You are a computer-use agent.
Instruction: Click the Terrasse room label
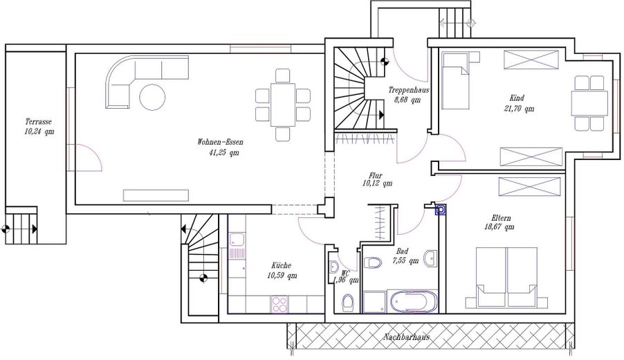click(x=38, y=121)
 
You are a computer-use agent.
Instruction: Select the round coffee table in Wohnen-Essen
click(x=152, y=97)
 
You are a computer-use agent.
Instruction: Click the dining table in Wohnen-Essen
click(x=282, y=105)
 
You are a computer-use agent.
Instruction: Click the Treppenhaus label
click(x=409, y=90)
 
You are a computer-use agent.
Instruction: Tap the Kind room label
click(x=517, y=98)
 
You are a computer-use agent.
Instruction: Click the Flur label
click(x=376, y=175)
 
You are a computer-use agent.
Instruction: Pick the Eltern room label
click(x=501, y=218)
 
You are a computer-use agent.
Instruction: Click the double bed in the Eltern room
click(x=506, y=277)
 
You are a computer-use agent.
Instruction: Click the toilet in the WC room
click(x=347, y=303)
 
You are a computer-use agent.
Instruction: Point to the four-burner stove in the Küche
click(x=280, y=304)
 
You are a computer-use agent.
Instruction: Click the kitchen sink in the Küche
click(x=237, y=241)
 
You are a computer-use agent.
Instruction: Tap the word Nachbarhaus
click(x=407, y=337)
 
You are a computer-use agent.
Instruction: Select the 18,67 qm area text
click(x=499, y=227)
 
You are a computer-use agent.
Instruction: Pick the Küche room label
click(x=282, y=265)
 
